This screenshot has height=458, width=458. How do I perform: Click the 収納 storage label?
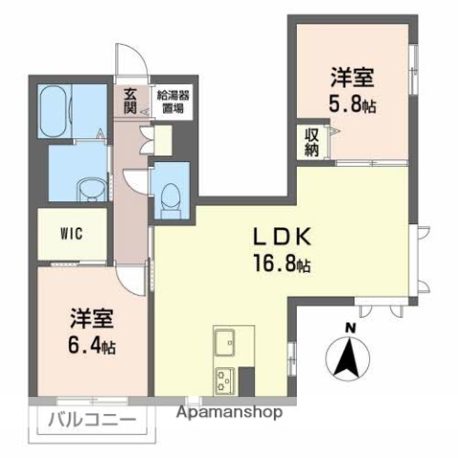312,142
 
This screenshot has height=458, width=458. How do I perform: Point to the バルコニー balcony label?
86,420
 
